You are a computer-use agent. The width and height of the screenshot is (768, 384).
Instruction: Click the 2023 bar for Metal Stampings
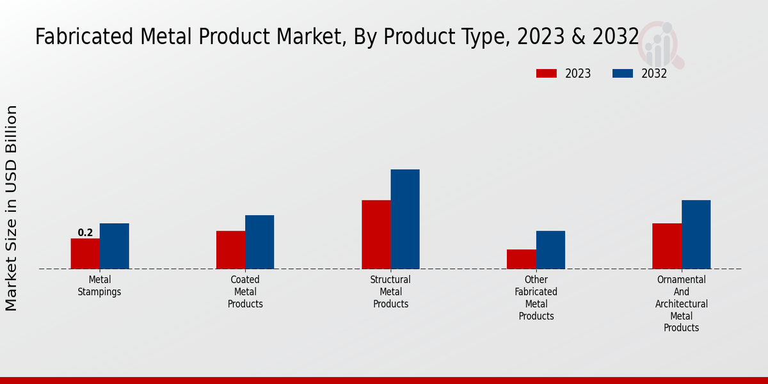85,253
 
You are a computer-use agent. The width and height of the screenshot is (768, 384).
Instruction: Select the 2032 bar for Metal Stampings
114,246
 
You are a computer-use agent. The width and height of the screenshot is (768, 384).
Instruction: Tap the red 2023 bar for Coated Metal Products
230,250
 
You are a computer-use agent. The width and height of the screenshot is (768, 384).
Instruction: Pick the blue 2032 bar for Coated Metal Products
259,242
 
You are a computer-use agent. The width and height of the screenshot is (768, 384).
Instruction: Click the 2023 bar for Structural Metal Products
376,234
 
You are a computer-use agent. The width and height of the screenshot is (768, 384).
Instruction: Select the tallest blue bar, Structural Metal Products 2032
405,219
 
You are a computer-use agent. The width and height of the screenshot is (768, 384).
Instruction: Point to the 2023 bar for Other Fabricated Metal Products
521,259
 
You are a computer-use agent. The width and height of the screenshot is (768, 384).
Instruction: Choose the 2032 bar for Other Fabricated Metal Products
550,250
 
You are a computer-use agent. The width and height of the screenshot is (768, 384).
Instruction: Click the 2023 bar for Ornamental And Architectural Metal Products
667,246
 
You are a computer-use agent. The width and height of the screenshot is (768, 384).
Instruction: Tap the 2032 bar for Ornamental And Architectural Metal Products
696,234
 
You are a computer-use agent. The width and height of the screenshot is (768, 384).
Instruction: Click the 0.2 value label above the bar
85,233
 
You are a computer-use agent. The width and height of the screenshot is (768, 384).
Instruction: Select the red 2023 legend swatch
546,74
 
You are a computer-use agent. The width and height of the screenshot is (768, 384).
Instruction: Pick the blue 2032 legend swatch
622,74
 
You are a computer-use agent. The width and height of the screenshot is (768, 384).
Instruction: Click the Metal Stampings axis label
100,285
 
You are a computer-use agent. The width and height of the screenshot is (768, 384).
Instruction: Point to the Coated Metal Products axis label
245,292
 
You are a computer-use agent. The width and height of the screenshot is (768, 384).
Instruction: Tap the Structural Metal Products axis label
390,292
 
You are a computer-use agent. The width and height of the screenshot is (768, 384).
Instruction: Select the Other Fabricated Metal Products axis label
536,298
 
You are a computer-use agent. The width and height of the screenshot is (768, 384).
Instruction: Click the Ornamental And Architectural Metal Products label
682,303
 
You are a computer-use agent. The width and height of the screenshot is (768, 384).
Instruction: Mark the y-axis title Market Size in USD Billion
12,209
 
